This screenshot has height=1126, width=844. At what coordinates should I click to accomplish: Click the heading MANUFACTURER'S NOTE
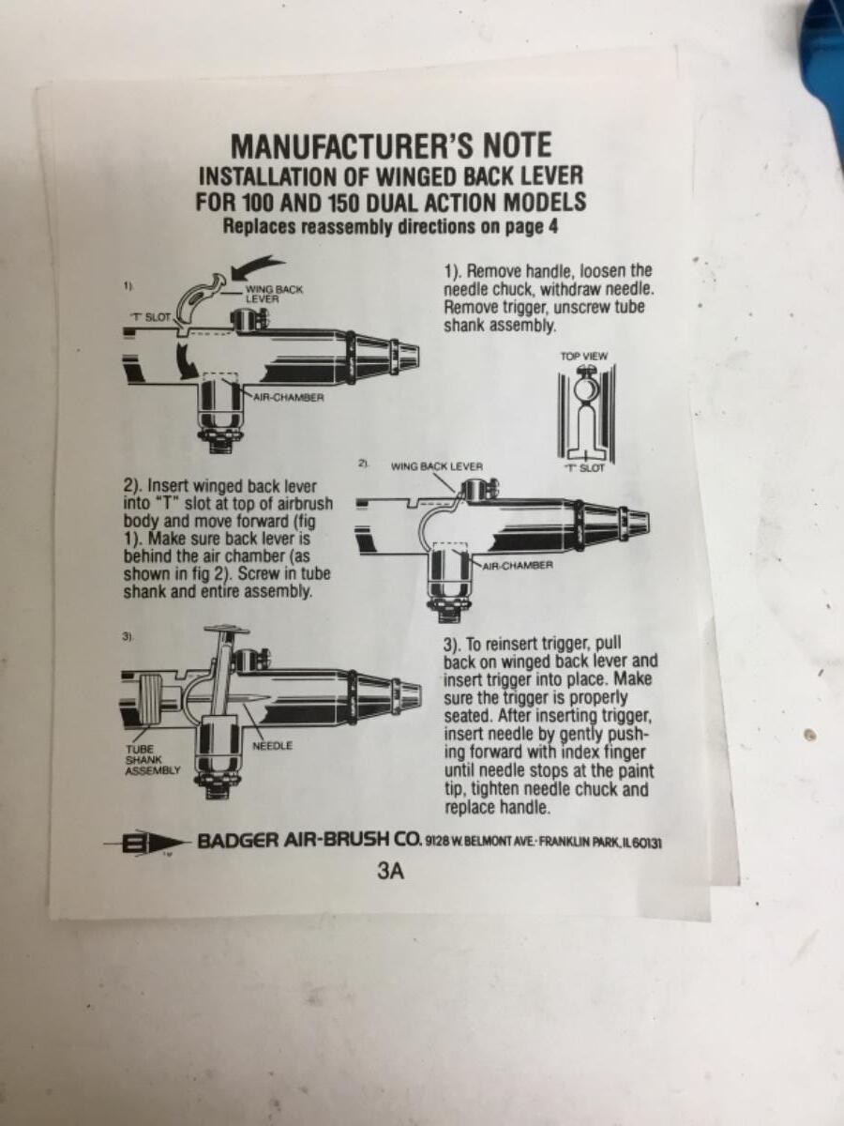click(391, 145)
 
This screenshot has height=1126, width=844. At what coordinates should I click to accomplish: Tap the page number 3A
click(391, 871)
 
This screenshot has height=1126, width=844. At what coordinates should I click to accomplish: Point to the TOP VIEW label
click(584, 356)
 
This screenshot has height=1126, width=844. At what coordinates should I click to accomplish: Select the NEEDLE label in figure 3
click(272, 745)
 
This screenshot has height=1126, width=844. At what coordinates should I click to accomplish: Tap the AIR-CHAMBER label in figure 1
click(289, 397)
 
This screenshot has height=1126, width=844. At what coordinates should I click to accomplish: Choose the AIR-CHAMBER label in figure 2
click(518, 565)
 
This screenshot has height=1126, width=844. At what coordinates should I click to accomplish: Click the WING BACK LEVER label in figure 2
click(437, 466)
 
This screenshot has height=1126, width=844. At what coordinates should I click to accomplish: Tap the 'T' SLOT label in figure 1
click(152, 317)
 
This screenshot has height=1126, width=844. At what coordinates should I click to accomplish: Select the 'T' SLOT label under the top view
click(584, 468)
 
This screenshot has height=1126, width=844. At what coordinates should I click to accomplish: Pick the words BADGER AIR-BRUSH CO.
click(309, 841)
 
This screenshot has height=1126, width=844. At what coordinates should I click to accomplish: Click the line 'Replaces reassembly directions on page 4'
click(390, 227)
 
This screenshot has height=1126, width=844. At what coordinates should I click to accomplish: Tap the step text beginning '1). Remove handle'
click(549, 298)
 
